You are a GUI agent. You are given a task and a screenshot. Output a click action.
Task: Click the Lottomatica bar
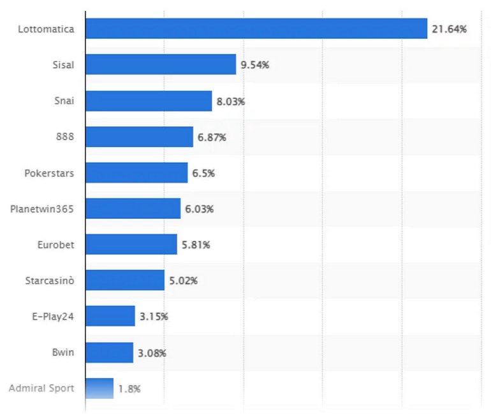tap(256, 29)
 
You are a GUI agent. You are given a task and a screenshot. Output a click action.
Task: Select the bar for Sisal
tap(161, 64)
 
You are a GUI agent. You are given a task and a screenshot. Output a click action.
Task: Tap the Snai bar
tap(149, 101)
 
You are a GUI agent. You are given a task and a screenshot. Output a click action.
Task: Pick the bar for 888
tap(139, 137)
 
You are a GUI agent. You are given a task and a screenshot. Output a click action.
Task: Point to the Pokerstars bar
tap(136, 172)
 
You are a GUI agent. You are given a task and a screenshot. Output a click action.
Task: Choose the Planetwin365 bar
tap(133, 209)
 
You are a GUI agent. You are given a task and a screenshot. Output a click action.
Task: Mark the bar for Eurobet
tap(131, 244)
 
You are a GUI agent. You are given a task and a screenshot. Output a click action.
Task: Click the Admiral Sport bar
tap(99, 388)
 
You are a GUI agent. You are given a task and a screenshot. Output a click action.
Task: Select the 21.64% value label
tap(449, 29)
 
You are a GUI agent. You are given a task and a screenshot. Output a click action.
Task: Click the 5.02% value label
tap(184, 280)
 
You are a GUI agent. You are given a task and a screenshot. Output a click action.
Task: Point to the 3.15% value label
tap(154, 316)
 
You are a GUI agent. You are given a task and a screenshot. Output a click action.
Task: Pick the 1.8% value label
tap(129, 388)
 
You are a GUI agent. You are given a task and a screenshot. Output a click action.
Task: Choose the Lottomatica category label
tap(47, 29)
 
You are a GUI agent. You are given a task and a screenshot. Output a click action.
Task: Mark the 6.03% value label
tap(200, 209)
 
